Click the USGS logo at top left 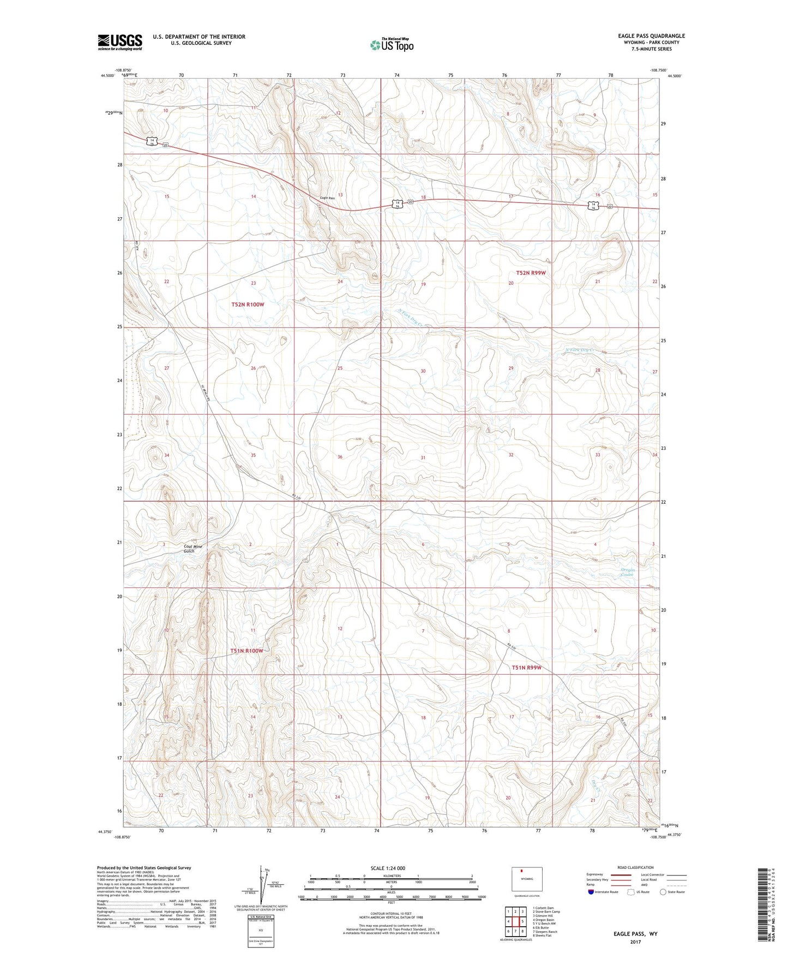119,42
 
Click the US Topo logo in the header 391,45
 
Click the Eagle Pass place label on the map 327,198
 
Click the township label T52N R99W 531,273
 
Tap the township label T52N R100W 248,305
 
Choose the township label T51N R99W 526,668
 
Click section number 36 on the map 340,457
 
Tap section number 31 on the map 423,457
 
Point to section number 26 253,368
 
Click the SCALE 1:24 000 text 388,868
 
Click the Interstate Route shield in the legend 591,892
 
